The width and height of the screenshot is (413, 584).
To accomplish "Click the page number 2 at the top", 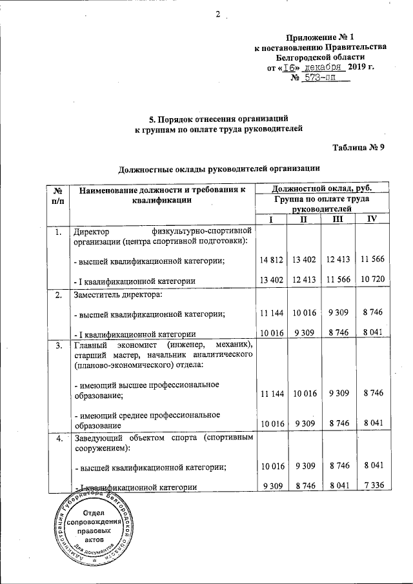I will [x=218, y=15].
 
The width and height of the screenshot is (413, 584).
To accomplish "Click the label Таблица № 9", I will [x=359, y=147].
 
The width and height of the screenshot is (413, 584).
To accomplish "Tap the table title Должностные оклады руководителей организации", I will [x=219, y=170].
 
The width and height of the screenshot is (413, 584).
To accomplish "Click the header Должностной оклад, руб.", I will [x=321, y=188].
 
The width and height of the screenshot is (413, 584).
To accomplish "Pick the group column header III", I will [x=337, y=220].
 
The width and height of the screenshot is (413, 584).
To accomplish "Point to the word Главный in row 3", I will [x=92, y=346].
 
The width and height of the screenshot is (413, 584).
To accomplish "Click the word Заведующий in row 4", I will [x=99, y=439].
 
